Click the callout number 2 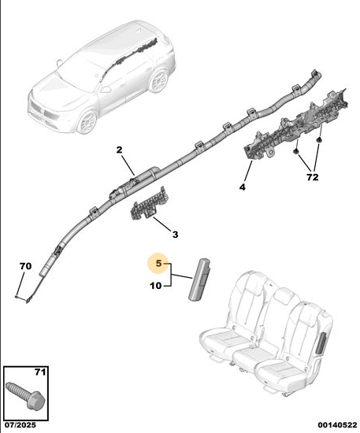[119, 150]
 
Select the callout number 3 [175, 235]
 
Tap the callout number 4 [243, 187]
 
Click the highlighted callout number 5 [158, 263]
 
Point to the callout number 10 [156, 286]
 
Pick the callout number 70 [25, 266]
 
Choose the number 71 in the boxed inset [40, 372]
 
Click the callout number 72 [313, 177]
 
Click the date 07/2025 [20, 424]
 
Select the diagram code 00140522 [337, 424]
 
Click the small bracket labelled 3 [150, 204]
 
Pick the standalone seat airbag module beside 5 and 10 [199, 279]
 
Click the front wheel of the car [87, 122]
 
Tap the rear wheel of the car [159, 80]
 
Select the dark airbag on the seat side [322, 343]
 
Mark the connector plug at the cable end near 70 [28, 301]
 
